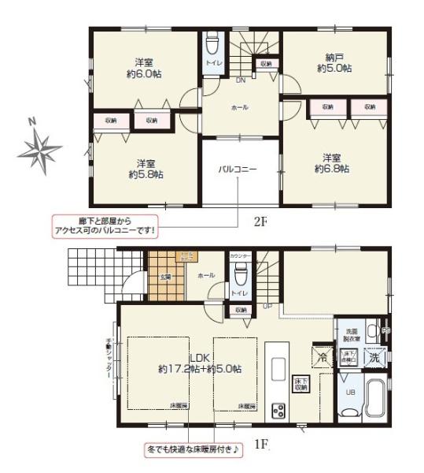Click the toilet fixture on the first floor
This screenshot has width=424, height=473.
pos(241,276)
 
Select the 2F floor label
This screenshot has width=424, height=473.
pos(260,222)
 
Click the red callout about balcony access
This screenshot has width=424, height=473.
pos(106,225)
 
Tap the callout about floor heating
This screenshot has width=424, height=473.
pos(194,449)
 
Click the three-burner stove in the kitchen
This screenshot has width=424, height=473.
pos(278,409)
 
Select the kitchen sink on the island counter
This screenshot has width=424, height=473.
pos(278,369)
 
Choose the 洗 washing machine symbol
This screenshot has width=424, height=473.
pos(374,356)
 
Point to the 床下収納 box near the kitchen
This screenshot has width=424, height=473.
pos(300,384)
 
